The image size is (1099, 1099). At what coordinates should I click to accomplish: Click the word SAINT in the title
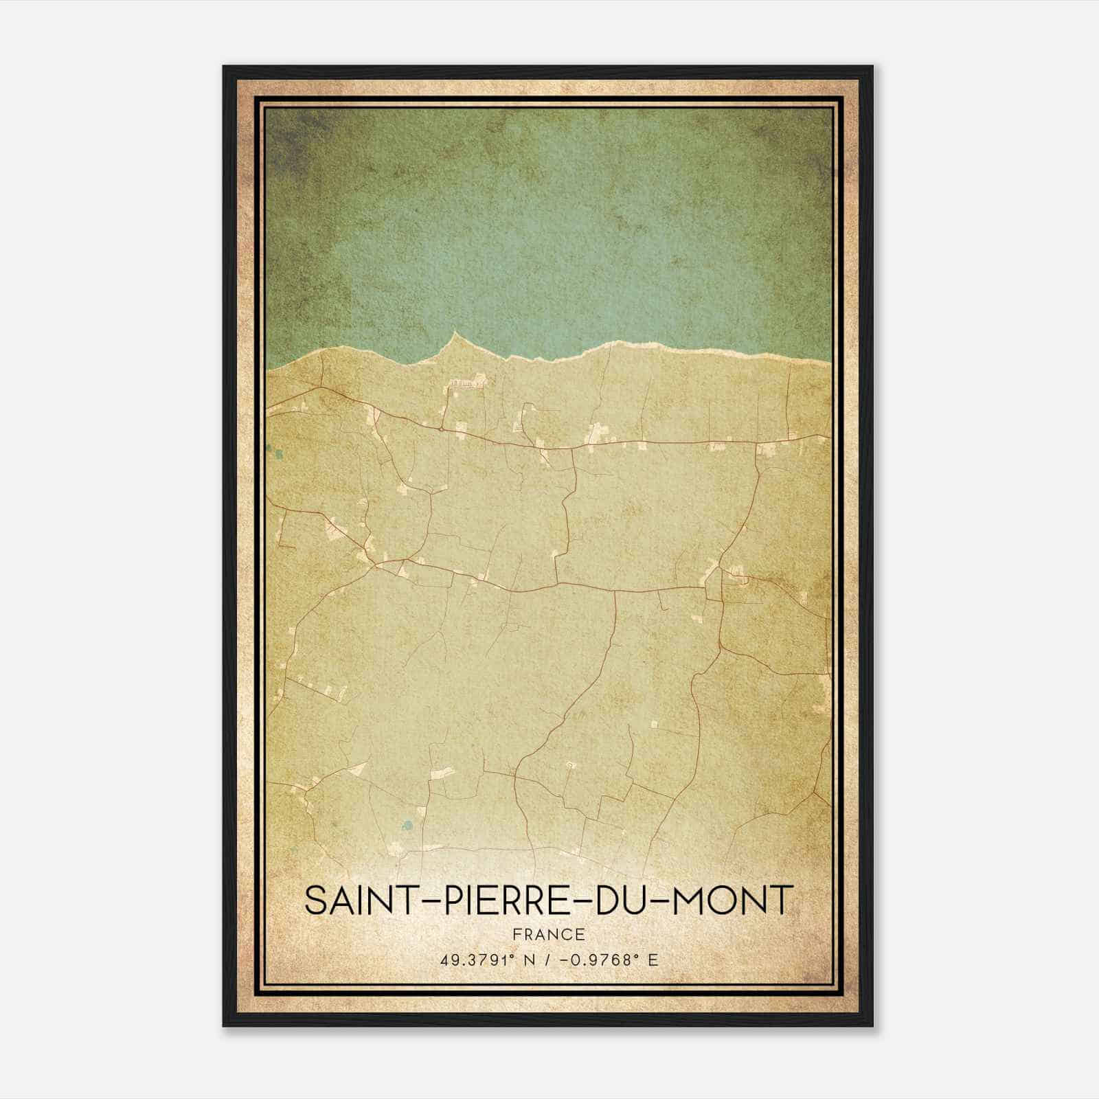[356, 900]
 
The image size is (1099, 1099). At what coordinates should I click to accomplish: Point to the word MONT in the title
[734, 900]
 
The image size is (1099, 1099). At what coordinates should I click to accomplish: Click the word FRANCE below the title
[548, 934]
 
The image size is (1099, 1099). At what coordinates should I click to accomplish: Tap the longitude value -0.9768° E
[609, 960]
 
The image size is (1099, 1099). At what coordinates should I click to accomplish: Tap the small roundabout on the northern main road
[440, 428]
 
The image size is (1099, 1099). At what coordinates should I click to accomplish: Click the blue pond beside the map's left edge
[279, 453]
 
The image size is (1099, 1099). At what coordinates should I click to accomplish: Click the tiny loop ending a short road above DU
[569, 764]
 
